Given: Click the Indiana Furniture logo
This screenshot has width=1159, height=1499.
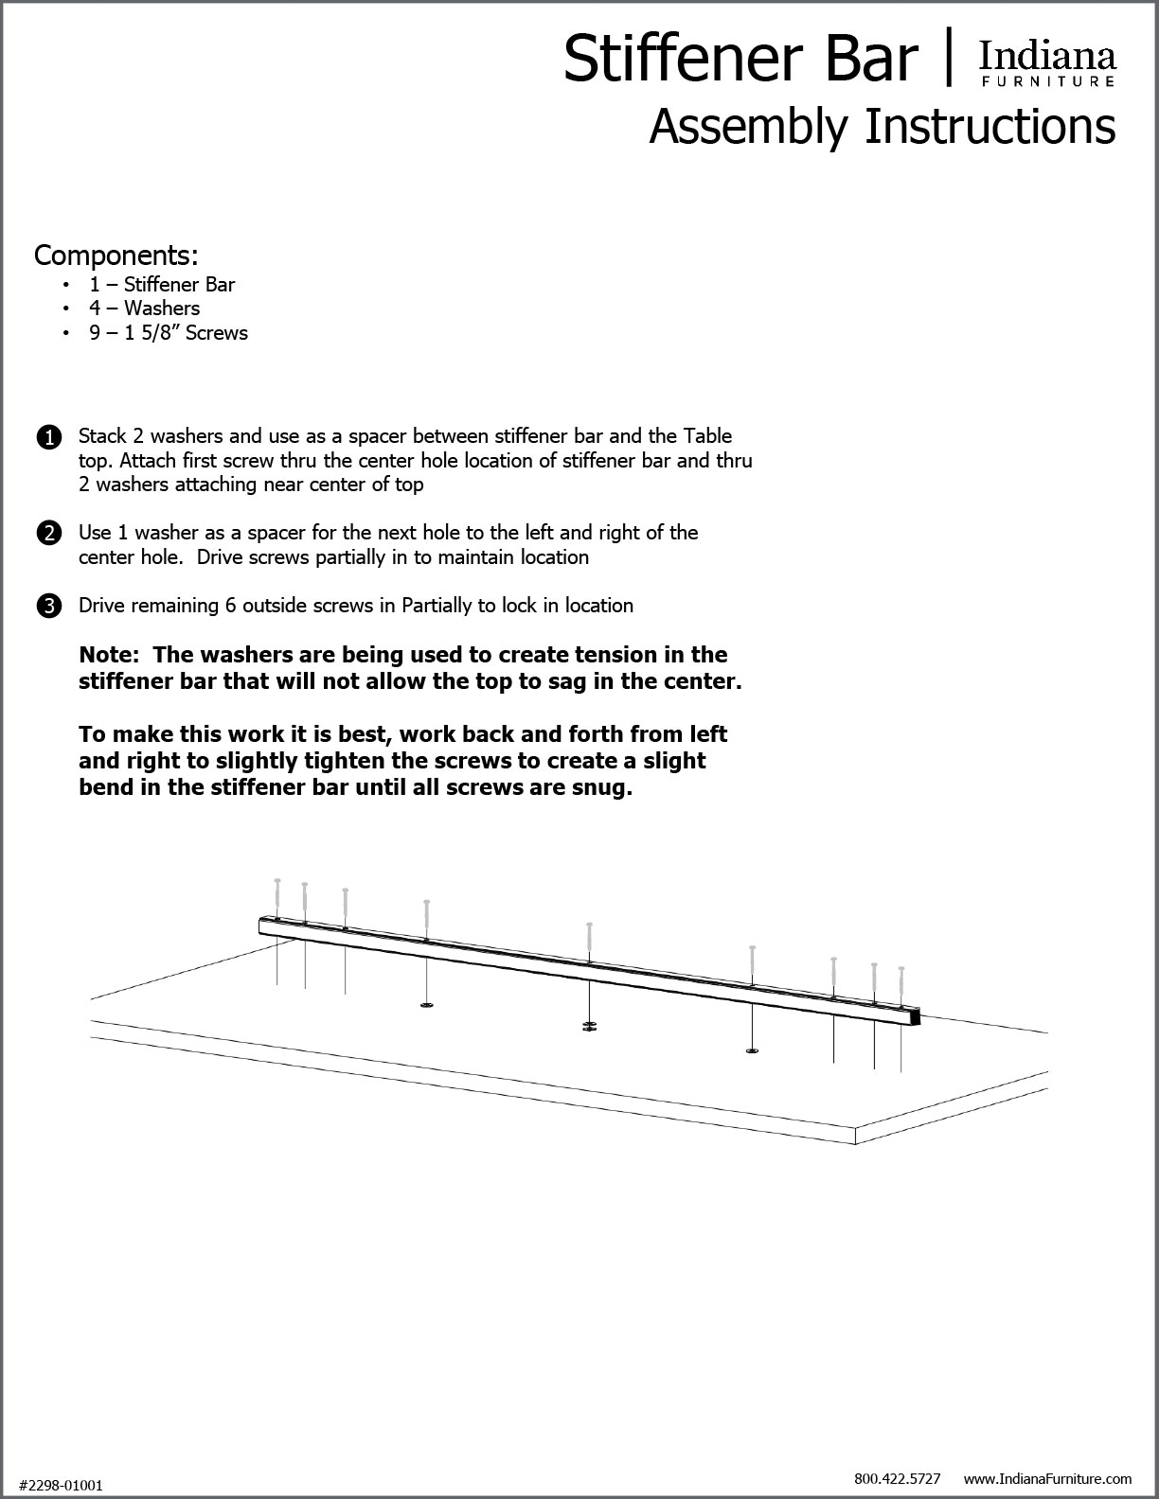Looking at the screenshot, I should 1047,64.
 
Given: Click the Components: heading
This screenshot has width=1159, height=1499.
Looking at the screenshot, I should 116,256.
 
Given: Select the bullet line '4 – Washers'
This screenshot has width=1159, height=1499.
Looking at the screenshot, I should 145,308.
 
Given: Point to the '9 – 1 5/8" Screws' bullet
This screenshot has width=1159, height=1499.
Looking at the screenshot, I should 169,332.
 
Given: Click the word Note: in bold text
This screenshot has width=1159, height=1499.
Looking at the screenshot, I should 110,655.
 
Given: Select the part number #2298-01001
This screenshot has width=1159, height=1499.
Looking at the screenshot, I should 62,1486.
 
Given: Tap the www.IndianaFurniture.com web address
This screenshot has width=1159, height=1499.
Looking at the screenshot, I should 1047,1477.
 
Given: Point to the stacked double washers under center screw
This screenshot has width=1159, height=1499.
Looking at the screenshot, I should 590,1027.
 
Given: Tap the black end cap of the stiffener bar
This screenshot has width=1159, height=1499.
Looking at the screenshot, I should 916,1018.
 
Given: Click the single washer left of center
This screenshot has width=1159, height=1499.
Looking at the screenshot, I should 427,1004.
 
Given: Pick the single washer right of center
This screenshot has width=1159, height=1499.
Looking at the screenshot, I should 752,1050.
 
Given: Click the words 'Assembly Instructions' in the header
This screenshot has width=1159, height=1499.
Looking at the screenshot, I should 882,127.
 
